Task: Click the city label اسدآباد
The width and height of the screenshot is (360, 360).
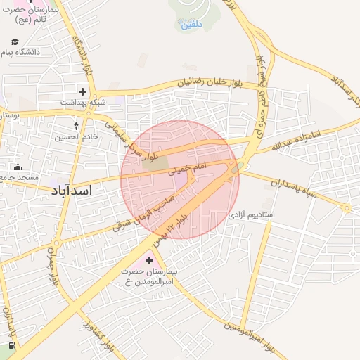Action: (x=72, y=191)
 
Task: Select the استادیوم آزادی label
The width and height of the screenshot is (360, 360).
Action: (x=252, y=213)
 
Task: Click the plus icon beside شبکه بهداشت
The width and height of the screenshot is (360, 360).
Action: (x=83, y=91)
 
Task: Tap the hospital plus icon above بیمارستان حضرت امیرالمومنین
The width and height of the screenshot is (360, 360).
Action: (x=148, y=261)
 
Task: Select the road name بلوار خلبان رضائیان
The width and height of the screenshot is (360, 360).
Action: (x=219, y=83)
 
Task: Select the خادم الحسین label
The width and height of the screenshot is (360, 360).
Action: (x=77, y=136)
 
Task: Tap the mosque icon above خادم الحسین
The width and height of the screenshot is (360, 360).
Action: (x=77, y=126)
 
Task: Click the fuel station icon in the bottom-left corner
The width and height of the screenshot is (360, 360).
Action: (x=12, y=346)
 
